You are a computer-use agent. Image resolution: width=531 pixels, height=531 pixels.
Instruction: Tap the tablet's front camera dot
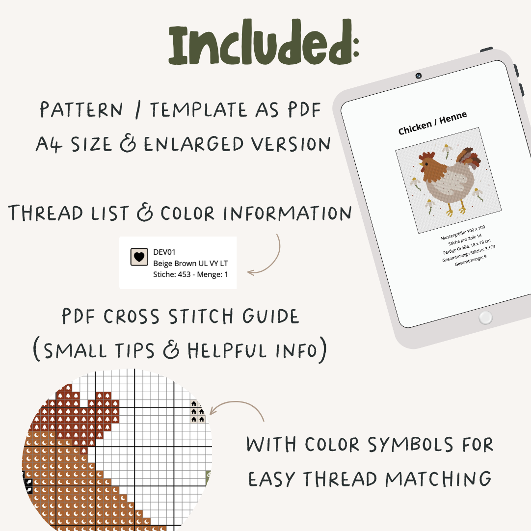click(418, 76)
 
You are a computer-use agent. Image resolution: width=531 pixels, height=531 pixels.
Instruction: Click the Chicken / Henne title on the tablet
click(432, 123)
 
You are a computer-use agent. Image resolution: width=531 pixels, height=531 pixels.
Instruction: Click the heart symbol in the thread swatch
click(139, 257)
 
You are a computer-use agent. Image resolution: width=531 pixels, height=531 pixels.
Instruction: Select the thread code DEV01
click(164, 252)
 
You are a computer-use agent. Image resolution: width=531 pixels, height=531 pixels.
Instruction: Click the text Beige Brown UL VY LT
click(190, 263)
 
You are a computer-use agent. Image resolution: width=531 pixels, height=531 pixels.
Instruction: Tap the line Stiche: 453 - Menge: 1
click(190, 274)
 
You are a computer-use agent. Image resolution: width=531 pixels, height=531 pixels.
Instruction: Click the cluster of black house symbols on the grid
click(197, 412)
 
